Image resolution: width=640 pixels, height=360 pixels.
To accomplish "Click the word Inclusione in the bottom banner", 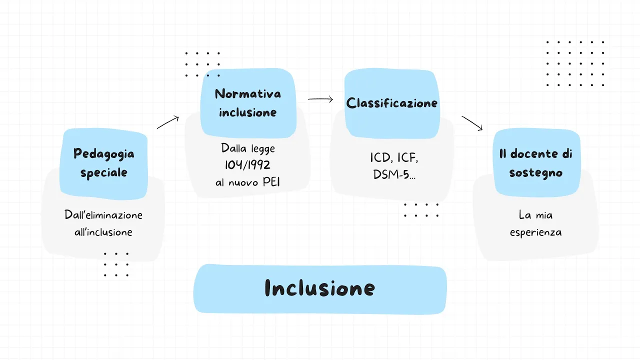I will tap(319, 288).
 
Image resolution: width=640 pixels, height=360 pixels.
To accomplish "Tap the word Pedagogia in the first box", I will tap(104, 153).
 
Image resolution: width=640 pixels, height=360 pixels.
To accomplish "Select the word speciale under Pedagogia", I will tap(104, 173).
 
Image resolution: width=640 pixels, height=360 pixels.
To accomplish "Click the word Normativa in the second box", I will tap(248, 93).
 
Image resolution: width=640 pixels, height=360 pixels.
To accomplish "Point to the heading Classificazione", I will tap(392, 103).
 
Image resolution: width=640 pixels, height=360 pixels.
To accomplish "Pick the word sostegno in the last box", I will tap(535, 173).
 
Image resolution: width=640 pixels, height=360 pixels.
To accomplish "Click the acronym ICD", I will tap(380, 158).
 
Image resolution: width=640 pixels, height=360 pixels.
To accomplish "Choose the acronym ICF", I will tap(406, 158).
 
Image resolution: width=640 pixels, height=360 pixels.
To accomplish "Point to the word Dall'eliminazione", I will tap(103, 215).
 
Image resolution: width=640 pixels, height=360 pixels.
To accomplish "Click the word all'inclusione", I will tap(103, 232).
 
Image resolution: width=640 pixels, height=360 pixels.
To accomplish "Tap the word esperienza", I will tap(535, 232).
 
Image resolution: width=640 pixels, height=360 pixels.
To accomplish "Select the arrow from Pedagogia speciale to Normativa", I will tap(168, 122).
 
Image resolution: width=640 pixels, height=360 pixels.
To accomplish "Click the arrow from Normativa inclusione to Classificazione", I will tap(320, 99).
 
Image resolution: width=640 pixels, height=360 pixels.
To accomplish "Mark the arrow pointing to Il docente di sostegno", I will tap(472, 123).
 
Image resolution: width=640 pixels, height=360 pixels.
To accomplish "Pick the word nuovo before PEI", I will tap(243, 182).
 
